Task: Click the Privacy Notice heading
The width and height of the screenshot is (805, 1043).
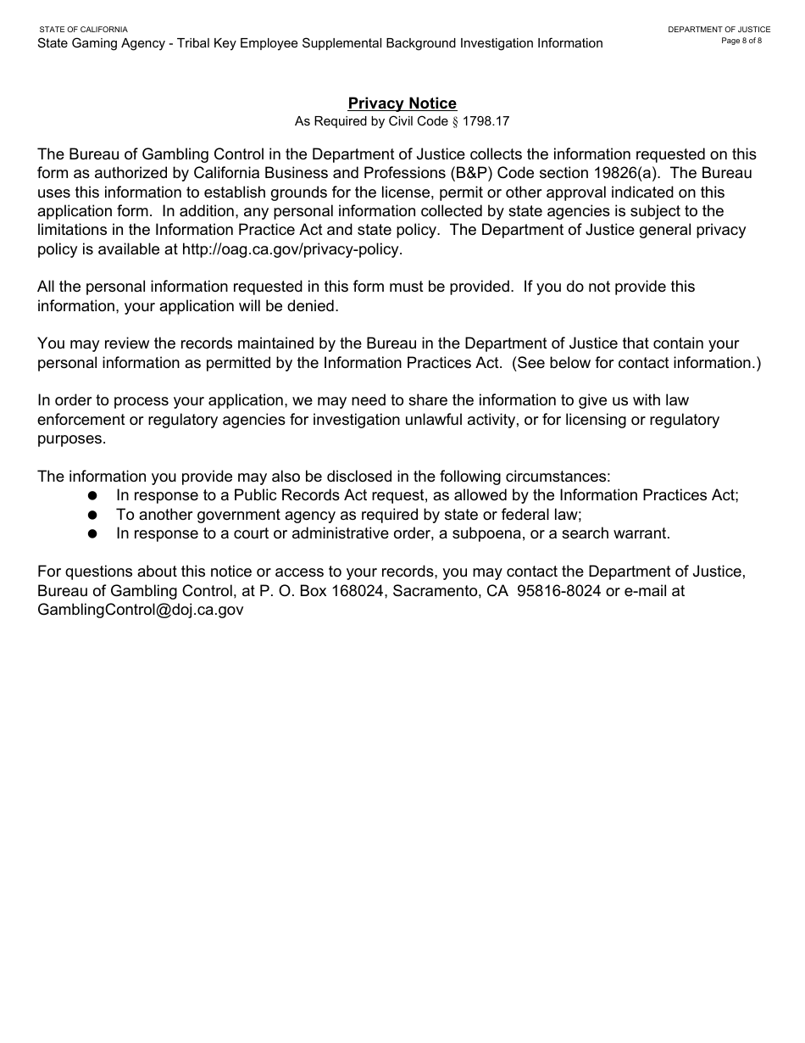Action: pyautogui.click(x=402, y=103)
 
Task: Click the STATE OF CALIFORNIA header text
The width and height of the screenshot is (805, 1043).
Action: pyautogui.click(x=83, y=30)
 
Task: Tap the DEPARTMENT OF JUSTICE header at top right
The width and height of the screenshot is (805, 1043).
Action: pyautogui.click(x=719, y=30)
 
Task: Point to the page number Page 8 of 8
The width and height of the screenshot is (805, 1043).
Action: pyautogui.click(x=741, y=41)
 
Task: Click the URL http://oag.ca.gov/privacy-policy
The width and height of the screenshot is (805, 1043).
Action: pyautogui.click(x=291, y=249)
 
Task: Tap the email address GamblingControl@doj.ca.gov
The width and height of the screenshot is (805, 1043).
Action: pyautogui.click(x=140, y=610)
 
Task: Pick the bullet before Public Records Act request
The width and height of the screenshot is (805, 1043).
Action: pyautogui.click(x=93, y=495)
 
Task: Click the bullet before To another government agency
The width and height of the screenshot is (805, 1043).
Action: pyautogui.click(x=93, y=515)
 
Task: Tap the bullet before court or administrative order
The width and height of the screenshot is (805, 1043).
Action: pyautogui.click(x=93, y=534)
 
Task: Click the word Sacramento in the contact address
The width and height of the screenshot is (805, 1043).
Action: pyautogui.click(x=436, y=591)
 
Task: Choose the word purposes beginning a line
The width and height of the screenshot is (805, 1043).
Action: pyautogui.click(x=71, y=438)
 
